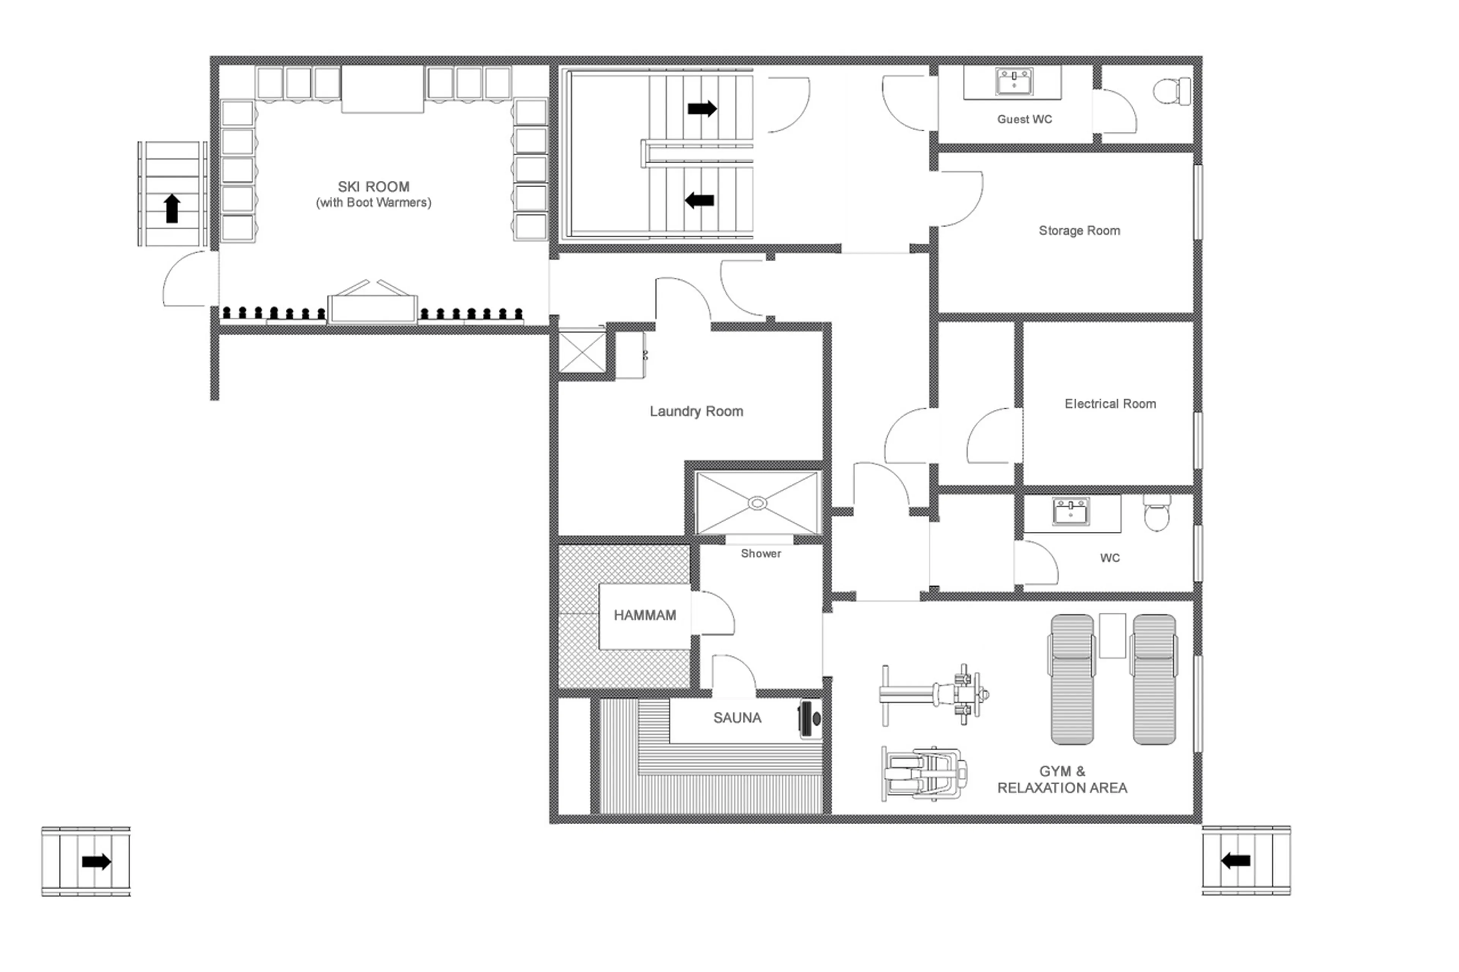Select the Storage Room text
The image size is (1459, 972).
(x=1079, y=231)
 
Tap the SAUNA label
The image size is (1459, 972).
(x=737, y=718)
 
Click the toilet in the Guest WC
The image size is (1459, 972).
(x=1171, y=91)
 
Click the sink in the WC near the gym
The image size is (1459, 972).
(x=1070, y=512)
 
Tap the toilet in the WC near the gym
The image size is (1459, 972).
(x=1157, y=513)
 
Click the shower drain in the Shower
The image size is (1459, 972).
(x=757, y=503)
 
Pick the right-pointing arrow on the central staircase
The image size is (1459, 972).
(x=702, y=109)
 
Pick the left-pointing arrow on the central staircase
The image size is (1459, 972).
(x=699, y=200)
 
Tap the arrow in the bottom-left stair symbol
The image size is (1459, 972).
(x=96, y=861)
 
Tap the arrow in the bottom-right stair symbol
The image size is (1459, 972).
(x=1235, y=860)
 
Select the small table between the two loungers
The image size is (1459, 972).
(x=1112, y=635)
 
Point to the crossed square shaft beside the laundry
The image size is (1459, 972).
(x=582, y=352)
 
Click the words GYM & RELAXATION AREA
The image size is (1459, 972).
(x=1062, y=780)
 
